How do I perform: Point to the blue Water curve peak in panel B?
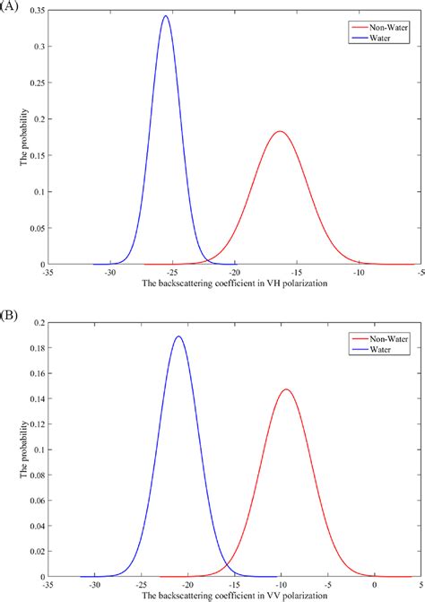pos(179,337)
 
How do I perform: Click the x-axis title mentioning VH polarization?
pos(234,283)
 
